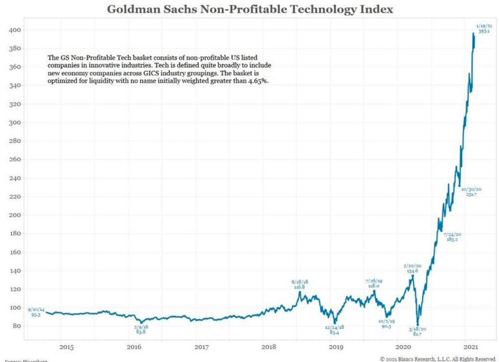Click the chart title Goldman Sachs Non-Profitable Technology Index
[249, 9]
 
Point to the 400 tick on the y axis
[13, 30]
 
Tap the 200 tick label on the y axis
[13, 215]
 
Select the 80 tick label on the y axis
[15, 326]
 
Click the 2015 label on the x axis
[67, 346]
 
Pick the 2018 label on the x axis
[268, 346]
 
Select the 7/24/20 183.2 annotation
[452, 237]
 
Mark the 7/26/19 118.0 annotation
[374, 283]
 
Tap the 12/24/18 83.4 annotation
[334, 330]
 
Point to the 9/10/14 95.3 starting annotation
[36, 312]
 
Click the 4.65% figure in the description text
[257, 82]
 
